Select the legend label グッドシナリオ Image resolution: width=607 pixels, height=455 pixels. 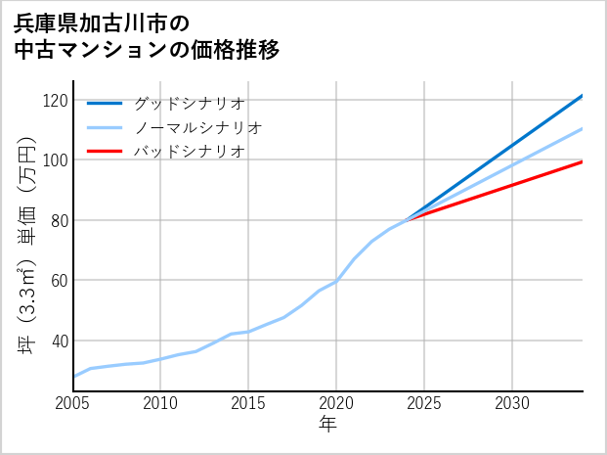click(190, 103)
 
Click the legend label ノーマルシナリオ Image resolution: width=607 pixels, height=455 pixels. click(198, 127)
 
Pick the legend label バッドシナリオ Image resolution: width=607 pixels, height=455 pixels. click(190, 152)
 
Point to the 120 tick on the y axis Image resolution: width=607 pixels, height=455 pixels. click(55, 101)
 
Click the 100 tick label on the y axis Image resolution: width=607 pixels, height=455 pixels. click(55, 160)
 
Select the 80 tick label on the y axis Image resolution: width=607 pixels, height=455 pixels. click(59, 221)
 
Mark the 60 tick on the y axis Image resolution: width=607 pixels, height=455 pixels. click(59, 281)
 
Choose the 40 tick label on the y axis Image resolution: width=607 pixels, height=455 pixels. click(59, 341)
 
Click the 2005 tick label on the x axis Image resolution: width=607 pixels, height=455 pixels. click(73, 403)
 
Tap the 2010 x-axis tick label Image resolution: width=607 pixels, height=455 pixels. click(160, 403)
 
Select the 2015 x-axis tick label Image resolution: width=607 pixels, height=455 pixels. click(248, 403)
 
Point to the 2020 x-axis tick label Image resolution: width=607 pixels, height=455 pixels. click(336, 403)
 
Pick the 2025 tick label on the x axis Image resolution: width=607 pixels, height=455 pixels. click(424, 403)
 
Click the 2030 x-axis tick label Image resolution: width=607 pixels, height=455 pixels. click(512, 403)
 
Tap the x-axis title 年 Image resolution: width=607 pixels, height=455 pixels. click(328, 425)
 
